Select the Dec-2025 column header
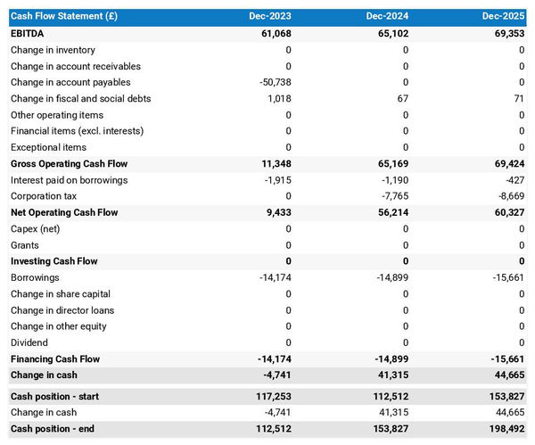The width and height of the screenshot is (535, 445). (504, 16)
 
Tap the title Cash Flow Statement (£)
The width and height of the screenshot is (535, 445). (63, 16)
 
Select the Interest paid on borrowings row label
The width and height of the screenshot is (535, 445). (69, 180)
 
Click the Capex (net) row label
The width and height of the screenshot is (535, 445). (37, 229)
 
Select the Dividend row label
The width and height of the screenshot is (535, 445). (29, 342)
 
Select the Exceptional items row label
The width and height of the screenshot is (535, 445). (48, 147)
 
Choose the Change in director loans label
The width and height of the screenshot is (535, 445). (62, 310)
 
